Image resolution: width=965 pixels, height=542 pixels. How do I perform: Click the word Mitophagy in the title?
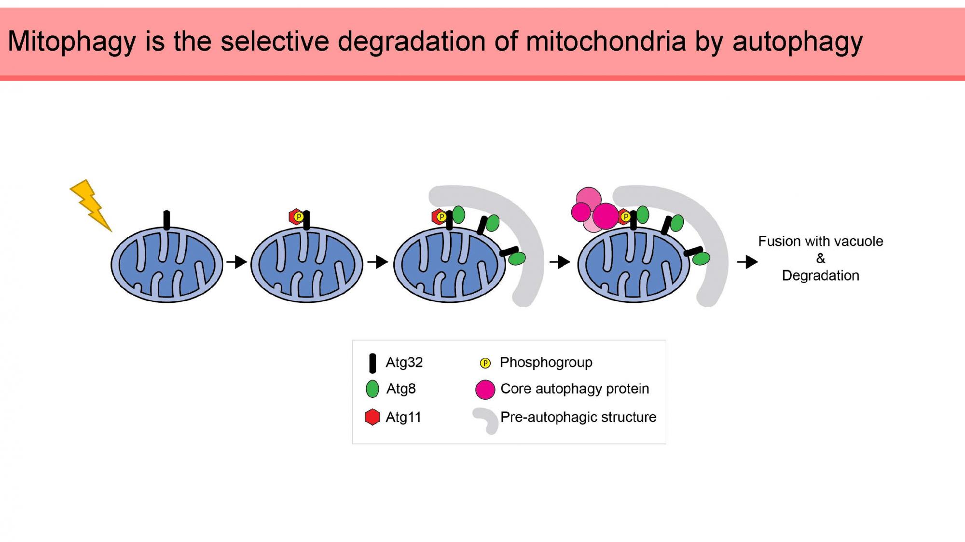72,41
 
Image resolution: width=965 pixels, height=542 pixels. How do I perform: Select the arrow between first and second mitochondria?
237,262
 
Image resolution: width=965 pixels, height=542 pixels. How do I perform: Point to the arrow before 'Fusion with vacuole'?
747,262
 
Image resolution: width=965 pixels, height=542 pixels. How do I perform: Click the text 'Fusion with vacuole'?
820,241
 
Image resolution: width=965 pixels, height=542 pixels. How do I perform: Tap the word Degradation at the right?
820,275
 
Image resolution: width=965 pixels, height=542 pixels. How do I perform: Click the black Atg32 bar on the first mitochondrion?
167,220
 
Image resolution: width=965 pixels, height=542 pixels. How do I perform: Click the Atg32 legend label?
404,362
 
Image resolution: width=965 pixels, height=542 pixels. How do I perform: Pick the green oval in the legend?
372,389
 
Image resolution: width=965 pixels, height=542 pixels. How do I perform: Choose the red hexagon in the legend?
372,417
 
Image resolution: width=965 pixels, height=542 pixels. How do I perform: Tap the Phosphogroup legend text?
546,362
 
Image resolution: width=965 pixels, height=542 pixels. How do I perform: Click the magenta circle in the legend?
485,390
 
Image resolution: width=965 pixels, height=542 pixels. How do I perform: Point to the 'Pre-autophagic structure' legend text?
578,417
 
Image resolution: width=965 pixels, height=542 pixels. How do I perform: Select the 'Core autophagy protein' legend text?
574,389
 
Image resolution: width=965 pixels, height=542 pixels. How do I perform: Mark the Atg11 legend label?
403,417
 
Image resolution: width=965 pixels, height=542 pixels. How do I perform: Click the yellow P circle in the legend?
485,363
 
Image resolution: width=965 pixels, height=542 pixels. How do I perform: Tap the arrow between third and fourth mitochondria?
560,262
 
